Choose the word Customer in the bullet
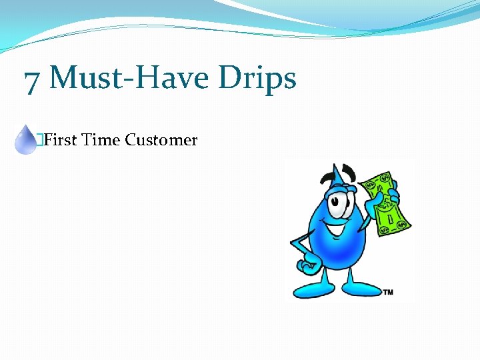click(161, 140)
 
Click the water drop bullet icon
click(26, 139)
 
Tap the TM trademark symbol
click(387, 291)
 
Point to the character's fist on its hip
click(309, 265)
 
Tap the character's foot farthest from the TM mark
click(311, 289)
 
